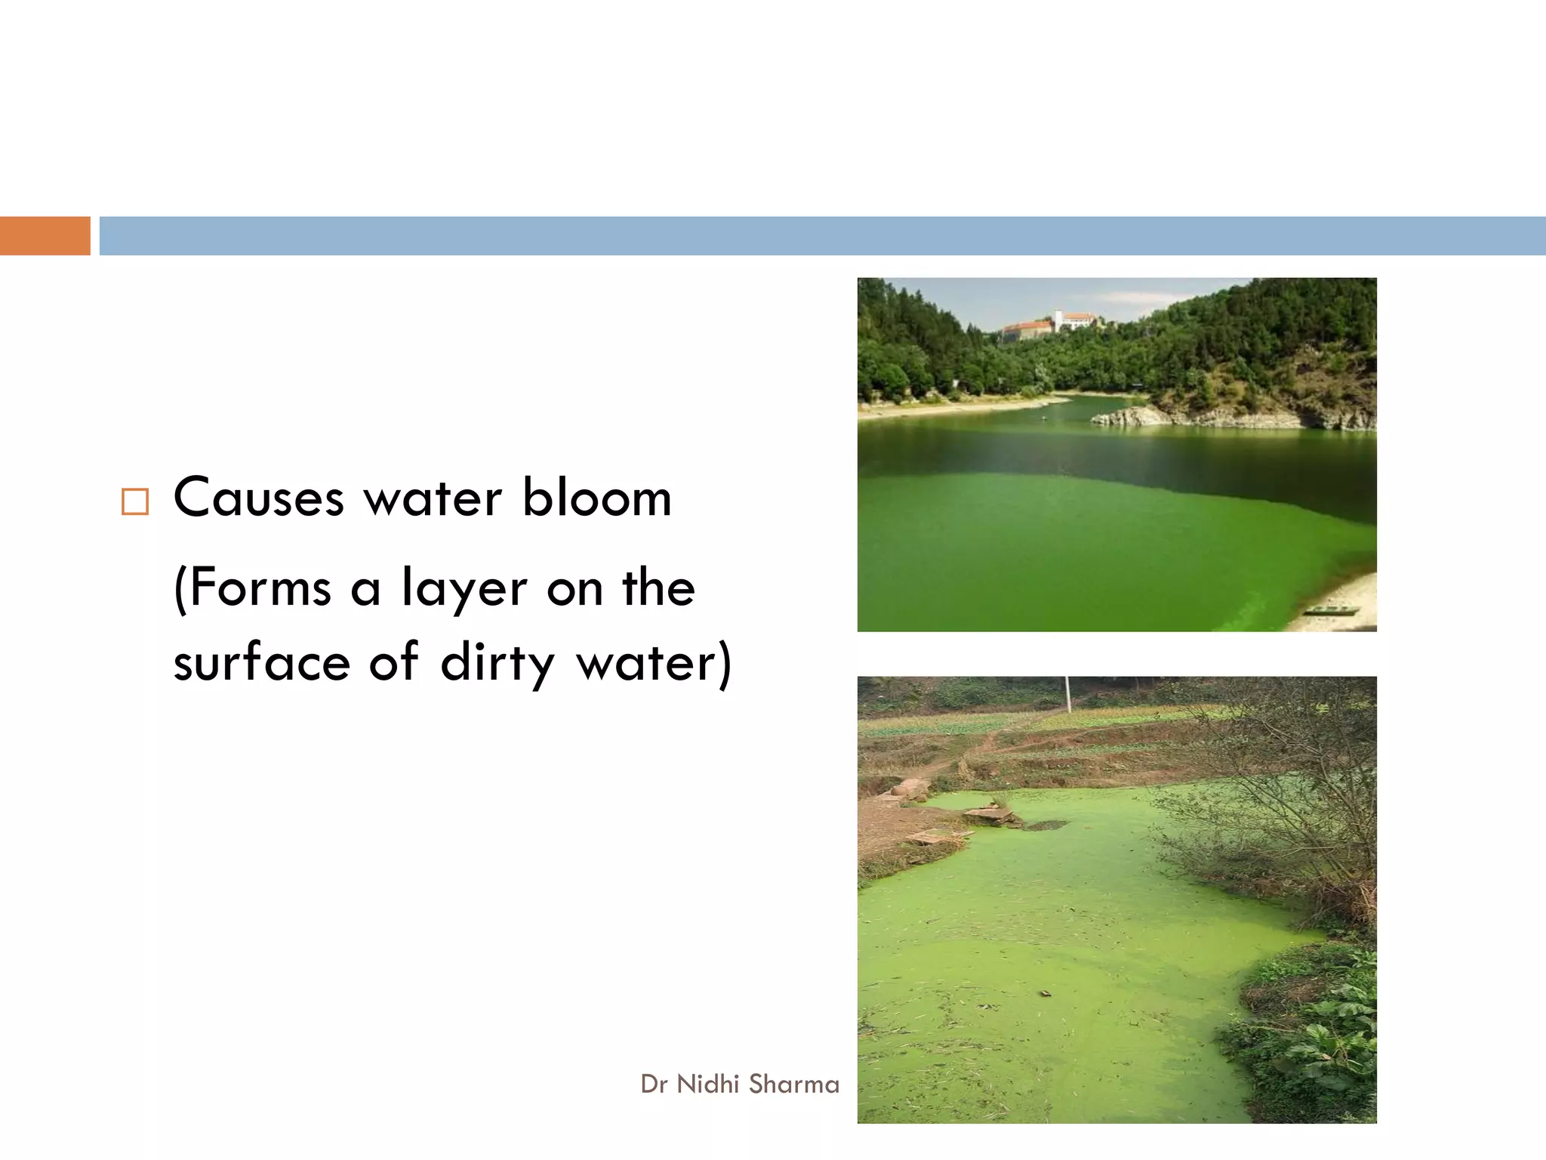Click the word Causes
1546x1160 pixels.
click(x=258, y=498)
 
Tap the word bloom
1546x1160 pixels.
click(x=596, y=498)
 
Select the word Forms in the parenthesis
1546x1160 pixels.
click(x=253, y=588)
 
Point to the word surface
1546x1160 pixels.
click(x=261, y=663)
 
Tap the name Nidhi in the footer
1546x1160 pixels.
click(x=707, y=1084)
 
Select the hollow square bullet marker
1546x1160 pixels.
click(x=135, y=502)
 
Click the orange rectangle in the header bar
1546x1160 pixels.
click(x=45, y=236)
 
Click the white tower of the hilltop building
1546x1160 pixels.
click(x=1059, y=319)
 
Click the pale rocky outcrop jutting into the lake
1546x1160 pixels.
click(x=1125, y=416)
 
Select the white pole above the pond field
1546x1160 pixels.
click(x=1067, y=693)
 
